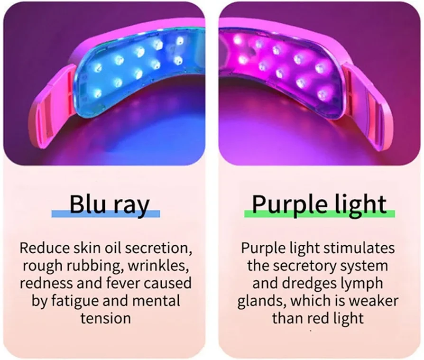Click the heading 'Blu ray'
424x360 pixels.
point(110,205)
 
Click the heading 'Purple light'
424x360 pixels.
point(319,204)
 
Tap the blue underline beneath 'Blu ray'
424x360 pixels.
point(106,213)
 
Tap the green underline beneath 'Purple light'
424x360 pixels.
point(319,213)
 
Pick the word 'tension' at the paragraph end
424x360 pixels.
point(106,318)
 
